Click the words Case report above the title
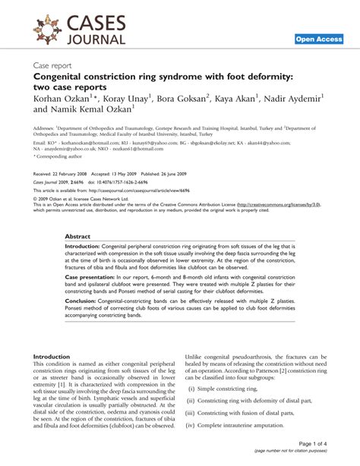(57, 66)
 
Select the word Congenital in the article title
(63, 77)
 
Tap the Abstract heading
(78, 236)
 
